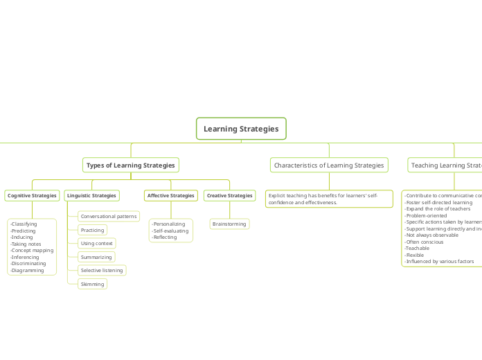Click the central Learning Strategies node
coord(241,129)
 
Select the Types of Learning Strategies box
coord(131,165)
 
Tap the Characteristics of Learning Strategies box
coord(329,165)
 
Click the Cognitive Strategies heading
coord(32,196)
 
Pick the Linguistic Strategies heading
coord(91,196)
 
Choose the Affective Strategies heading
coord(171,196)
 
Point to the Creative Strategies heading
coord(229,196)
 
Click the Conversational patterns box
coord(109,217)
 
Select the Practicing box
coord(92,230)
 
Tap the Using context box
coord(96,243)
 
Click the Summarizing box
coord(96,257)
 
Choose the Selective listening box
coord(102,270)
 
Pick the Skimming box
coord(92,284)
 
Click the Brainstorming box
coord(229,224)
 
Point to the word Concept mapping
coord(32,250)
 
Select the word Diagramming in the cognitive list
coord(28,270)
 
